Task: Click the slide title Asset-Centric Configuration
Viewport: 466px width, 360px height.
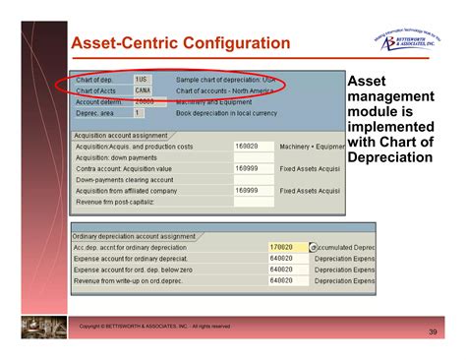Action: point(181,43)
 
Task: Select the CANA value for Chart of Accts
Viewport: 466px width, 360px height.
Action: point(143,90)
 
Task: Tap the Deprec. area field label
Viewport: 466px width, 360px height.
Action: point(97,113)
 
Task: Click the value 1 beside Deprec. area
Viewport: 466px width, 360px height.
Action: point(137,113)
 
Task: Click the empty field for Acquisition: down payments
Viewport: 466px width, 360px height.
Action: point(253,157)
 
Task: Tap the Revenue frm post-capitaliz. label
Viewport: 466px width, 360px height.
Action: point(117,201)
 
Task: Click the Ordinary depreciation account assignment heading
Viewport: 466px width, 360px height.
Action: point(133,236)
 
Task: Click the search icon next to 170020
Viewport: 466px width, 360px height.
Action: point(313,248)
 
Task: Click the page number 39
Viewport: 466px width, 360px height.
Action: point(432,333)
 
